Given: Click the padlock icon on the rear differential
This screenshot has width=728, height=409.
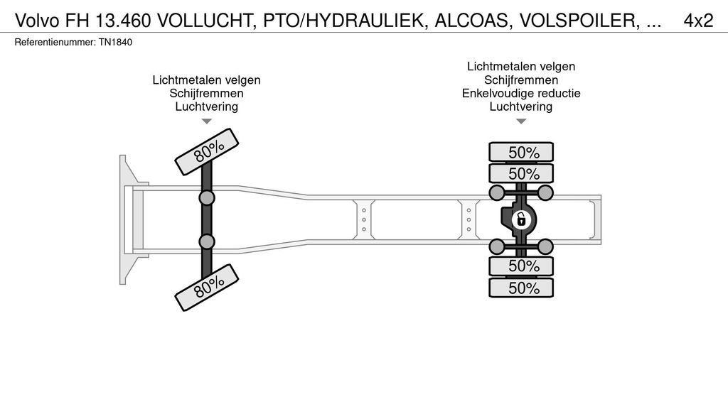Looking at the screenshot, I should [x=521, y=219].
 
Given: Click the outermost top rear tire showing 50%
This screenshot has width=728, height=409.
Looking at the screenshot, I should [x=521, y=152].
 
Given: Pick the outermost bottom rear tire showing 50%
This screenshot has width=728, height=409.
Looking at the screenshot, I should [x=521, y=288].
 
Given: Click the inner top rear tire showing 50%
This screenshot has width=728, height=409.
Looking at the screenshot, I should [x=521, y=173].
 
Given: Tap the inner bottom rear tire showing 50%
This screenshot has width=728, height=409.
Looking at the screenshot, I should [x=521, y=266].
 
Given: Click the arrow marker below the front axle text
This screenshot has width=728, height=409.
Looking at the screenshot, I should [x=206, y=121].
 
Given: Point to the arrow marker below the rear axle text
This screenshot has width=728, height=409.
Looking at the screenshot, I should [x=521, y=121].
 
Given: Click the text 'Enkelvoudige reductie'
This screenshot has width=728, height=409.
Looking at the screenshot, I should [x=521, y=93].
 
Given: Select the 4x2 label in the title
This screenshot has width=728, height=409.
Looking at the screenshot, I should [x=697, y=21].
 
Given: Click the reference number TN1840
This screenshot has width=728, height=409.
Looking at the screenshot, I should [x=116, y=43].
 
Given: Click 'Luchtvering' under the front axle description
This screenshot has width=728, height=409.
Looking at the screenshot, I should [x=206, y=107].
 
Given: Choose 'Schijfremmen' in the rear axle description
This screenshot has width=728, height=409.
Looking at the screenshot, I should [x=521, y=80].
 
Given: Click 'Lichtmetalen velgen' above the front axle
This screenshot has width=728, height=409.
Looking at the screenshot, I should [x=206, y=80].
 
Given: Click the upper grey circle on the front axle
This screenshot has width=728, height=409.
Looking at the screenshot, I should [x=207, y=197].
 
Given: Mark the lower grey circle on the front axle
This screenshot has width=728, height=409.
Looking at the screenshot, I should [x=207, y=241].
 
